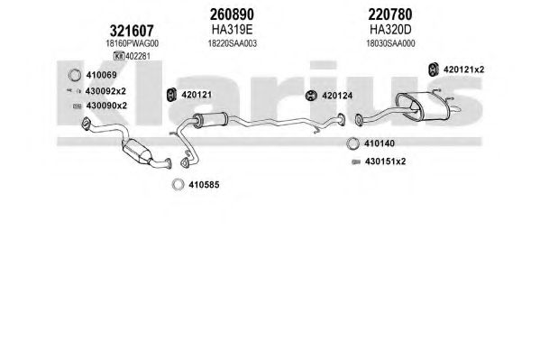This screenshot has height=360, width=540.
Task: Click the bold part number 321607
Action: (x=132, y=31)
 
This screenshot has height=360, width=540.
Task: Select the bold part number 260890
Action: (x=232, y=14)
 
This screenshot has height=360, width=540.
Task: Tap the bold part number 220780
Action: (x=390, y=14)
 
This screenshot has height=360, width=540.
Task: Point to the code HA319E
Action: (x=232, y=30)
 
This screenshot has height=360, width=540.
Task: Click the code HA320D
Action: (x=390, y=30)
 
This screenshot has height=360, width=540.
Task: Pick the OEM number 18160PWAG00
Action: (x=132, y=44)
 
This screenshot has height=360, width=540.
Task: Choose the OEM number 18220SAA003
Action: (x=232, y=44)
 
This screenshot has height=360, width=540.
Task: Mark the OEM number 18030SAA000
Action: (x=390, y=44)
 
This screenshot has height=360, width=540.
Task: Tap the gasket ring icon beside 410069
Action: (x=75, y=75)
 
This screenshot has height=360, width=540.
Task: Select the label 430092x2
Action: (x=105, y=91)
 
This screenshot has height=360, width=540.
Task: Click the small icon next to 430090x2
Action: (x=78, y=106)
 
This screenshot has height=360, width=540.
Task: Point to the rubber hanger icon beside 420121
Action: (x=171, y=95)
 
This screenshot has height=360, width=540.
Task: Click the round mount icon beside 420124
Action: (x=311, y=96)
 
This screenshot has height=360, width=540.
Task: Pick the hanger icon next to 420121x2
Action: (x=433, y=69)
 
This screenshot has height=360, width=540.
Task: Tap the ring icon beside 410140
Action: (x=352, y=143)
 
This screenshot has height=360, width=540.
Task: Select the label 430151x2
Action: (x=385, y=162)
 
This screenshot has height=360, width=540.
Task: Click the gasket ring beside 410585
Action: (x=178, y=185)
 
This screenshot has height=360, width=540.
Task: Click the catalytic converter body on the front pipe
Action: (x=137, y=151)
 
